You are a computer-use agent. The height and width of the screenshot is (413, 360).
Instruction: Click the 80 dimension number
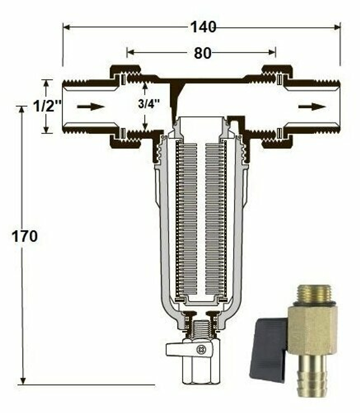202,53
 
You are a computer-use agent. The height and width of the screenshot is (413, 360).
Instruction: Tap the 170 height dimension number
24,236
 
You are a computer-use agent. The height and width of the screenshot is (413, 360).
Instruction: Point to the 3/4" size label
149,105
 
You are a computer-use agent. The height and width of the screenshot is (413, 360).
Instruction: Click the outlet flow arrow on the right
312,107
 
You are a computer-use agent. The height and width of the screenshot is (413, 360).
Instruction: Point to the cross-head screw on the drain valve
200,349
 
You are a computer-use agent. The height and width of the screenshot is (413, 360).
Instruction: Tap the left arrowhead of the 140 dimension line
66,27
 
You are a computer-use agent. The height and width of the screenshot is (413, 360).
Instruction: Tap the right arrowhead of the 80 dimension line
273,52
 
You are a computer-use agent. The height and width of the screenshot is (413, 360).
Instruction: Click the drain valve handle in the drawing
176,349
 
